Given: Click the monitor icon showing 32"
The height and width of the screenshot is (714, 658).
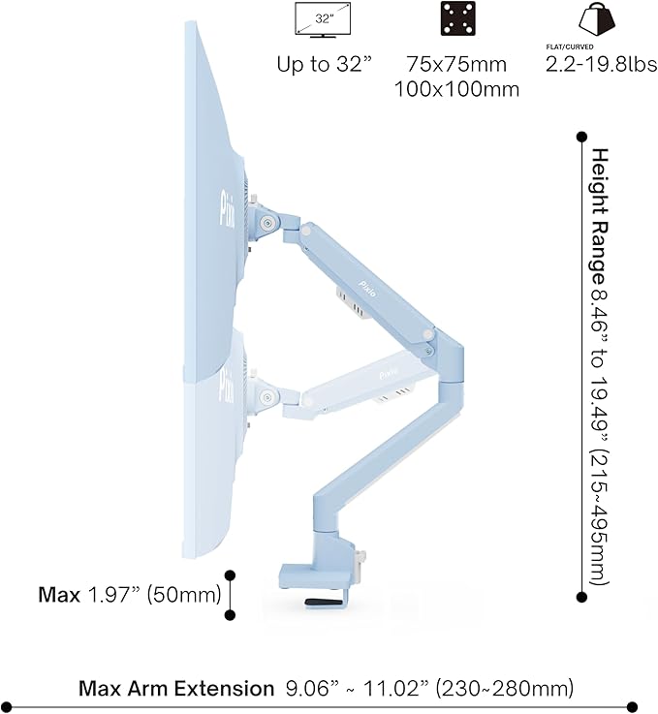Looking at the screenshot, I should tap(322, 18).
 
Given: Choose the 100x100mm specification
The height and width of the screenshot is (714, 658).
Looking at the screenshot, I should tap(456, 90).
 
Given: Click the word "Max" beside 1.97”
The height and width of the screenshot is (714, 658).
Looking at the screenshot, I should tap(59, 594).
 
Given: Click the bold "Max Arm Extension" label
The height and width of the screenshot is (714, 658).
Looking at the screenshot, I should tap(176, 689).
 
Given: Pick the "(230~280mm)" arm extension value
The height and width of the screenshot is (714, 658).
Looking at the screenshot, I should tap(504, 689).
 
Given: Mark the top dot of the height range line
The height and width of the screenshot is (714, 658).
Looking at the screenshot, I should tap(581, 137).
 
